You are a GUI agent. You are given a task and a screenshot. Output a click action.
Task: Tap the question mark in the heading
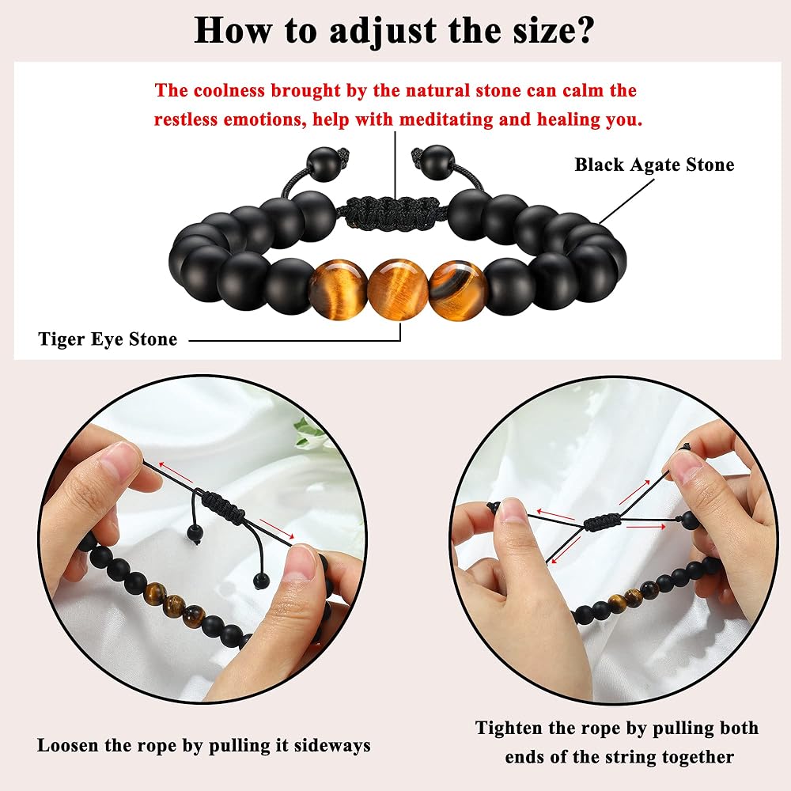(x=585, y=30)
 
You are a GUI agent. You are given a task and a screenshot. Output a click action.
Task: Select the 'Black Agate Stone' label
(x=654, y=165)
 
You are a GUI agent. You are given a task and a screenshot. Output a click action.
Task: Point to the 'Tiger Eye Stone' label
(x=108, y=339)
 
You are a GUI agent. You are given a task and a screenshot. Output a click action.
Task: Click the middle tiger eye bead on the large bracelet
(x=398, y=290)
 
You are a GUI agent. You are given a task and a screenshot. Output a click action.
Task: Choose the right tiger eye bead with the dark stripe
(x=458, y=290)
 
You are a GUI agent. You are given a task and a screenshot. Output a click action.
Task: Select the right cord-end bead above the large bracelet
(x=436, y=162)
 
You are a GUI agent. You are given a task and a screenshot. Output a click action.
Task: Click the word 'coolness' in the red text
(x=229, y=90)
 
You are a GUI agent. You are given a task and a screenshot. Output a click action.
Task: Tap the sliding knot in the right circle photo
(x=602, y=520)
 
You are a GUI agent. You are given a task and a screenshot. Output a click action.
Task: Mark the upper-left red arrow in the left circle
(x=176, y=471)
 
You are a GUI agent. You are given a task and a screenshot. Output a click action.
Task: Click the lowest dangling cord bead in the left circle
(x=261, y=581)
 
